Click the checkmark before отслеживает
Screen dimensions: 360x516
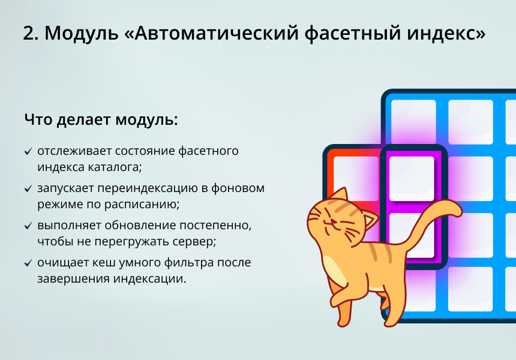tap(28, 152)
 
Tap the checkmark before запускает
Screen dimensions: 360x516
tap(28, 189)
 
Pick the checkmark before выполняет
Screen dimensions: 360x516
tap(28, 226)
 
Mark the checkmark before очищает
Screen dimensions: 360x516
tap(28, 263)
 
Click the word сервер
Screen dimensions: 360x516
tap(193, 241)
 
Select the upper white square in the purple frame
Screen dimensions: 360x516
tap(411, 178)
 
